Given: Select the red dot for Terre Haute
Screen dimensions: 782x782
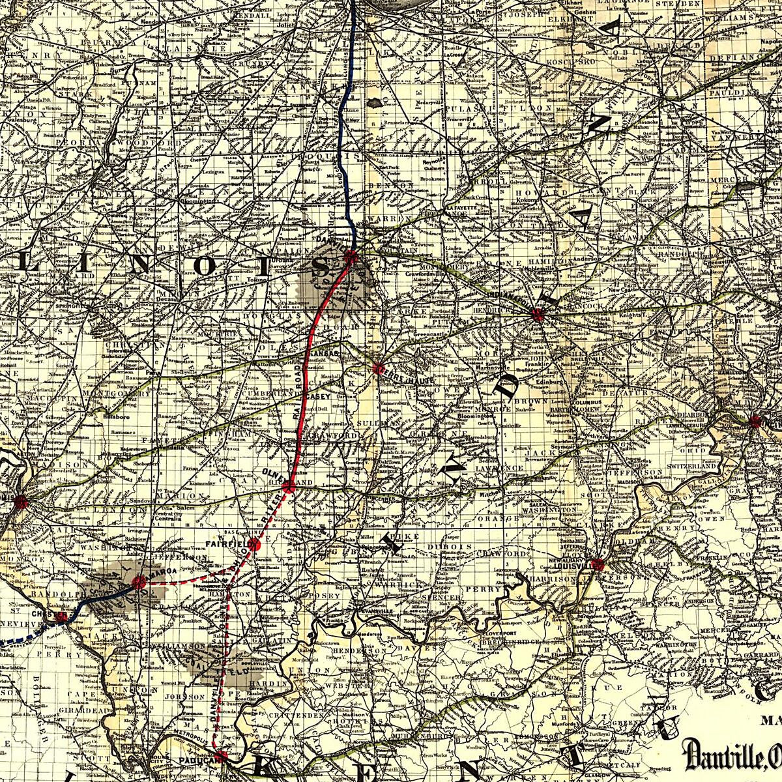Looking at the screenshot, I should [379, 369].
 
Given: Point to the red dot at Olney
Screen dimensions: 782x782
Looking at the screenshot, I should [289, 484].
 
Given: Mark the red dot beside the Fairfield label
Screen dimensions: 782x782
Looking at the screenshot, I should [254, 544].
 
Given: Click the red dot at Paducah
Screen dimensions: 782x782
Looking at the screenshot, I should [221, 757].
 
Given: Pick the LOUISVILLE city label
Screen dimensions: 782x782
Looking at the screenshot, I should [577, 566].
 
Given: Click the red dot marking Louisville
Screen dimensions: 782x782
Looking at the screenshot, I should [598, 564].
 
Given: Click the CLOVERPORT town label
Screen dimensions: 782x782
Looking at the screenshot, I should [502, 632].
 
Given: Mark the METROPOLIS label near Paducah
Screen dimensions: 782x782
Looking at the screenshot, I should [188, 741].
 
